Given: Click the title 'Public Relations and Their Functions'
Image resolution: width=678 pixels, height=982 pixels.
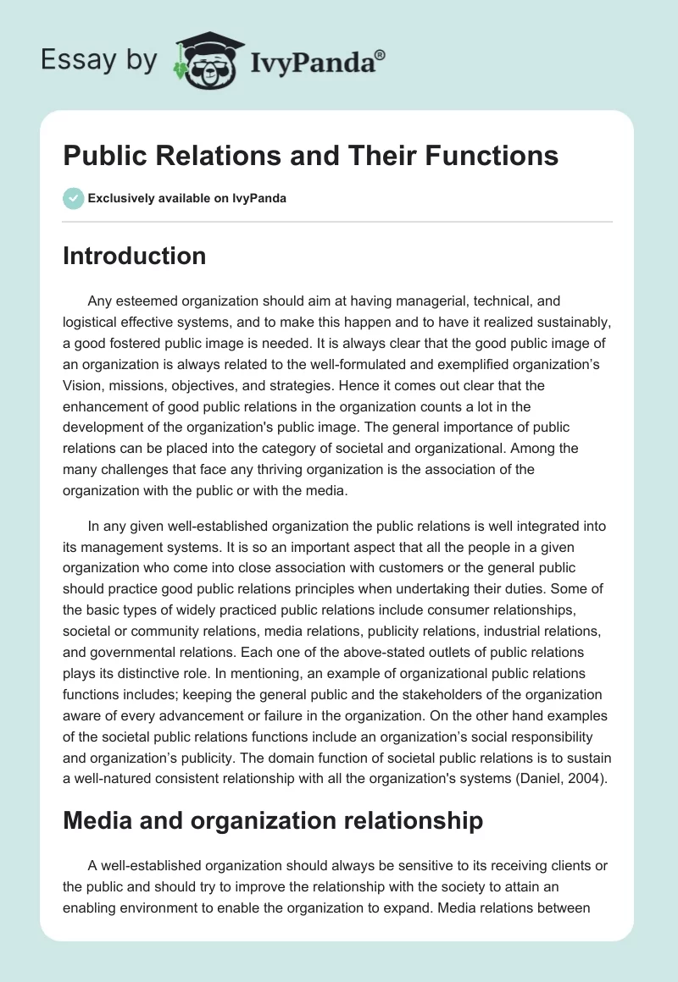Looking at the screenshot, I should (310, 156).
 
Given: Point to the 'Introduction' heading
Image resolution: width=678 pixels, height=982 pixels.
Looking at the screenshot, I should (134, 256).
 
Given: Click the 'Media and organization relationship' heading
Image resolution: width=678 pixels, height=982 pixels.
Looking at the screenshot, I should (273, 819).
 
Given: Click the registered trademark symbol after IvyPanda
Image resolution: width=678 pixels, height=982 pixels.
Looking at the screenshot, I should (381, 53).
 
